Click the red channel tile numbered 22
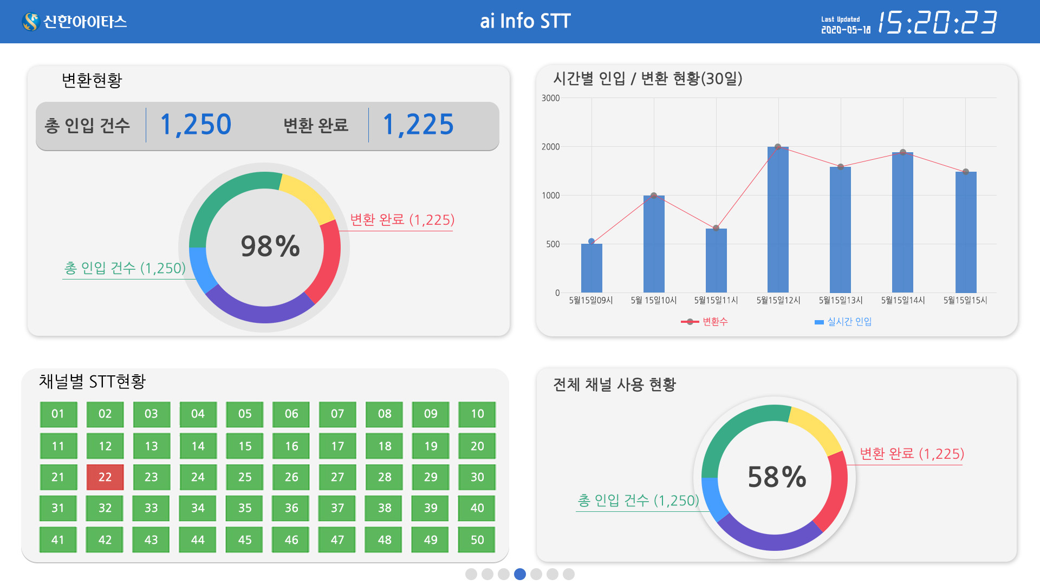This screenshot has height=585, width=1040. click(105, 477)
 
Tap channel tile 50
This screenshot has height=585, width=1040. click(477, 539)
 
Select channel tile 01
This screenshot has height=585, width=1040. click(58, 414)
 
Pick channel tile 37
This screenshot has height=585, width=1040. click(337, 508)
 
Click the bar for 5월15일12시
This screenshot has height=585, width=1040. click(778, 219)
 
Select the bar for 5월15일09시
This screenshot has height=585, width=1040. click(591, 268)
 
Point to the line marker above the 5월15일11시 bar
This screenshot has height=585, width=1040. click(716, 228)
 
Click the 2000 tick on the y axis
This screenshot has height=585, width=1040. click(550, 147)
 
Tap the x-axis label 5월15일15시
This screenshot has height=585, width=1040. click(965, 300)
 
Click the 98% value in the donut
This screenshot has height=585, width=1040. click(270, 246)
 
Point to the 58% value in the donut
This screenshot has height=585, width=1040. click(777, 477)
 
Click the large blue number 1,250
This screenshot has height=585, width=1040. click(196, 125)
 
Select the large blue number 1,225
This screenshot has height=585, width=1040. click(418, 125)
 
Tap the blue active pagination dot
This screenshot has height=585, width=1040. click(520, 574)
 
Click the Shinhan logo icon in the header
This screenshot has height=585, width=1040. click(31, 22)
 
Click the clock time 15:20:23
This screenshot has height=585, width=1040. click(937, 23)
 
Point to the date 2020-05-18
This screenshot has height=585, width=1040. click(846, 30)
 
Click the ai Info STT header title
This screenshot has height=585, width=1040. click(525, 21)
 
